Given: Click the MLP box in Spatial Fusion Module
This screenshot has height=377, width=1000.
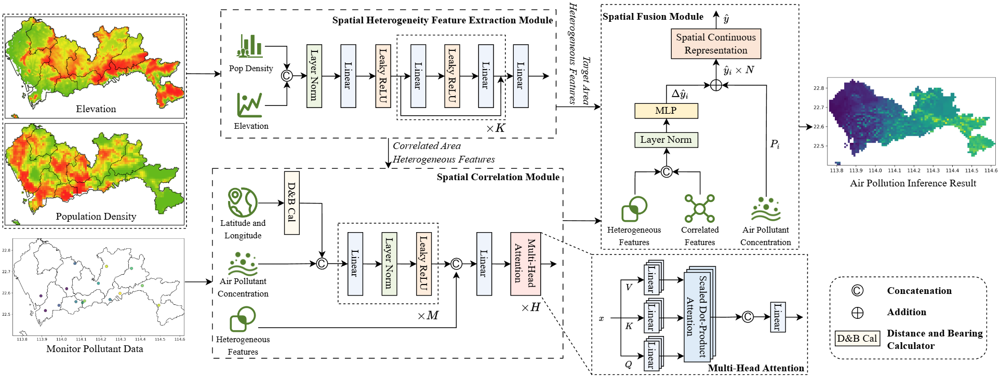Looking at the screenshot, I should [666, 111].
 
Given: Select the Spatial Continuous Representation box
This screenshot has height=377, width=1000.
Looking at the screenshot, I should [715, 44].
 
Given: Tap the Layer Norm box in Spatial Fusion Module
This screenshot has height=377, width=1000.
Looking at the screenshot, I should [666, 140].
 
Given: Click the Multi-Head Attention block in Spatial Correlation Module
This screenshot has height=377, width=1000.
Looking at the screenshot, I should [525, 263].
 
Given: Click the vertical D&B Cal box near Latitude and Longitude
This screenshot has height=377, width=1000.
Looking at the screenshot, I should [292, 203].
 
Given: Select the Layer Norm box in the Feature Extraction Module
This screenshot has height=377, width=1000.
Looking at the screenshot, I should [314, 76].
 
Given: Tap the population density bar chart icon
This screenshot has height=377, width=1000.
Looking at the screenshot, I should [250, 46].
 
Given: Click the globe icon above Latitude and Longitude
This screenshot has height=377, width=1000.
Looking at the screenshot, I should [243, 202].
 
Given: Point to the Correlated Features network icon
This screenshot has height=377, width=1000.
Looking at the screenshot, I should [699, 209].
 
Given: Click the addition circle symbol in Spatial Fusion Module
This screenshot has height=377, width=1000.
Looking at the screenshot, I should [716, 85].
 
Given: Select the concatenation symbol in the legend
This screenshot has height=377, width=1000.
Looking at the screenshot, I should [857, 291].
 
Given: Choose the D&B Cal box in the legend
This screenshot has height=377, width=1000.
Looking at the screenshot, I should [857, 339].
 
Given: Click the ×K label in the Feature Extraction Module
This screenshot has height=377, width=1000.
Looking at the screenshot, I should [496, 128].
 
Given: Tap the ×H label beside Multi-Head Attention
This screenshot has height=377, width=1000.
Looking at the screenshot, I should [531, 307].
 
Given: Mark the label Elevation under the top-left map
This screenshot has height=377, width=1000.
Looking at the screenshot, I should [96, 109].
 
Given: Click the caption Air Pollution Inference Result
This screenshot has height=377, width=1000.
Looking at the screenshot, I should [913, 183].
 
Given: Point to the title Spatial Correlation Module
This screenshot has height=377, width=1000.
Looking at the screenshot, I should [498, 177].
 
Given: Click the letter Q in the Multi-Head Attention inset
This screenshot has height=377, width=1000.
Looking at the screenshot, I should [628, 365].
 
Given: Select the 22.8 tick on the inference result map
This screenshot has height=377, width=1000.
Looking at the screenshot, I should [819, 88].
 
